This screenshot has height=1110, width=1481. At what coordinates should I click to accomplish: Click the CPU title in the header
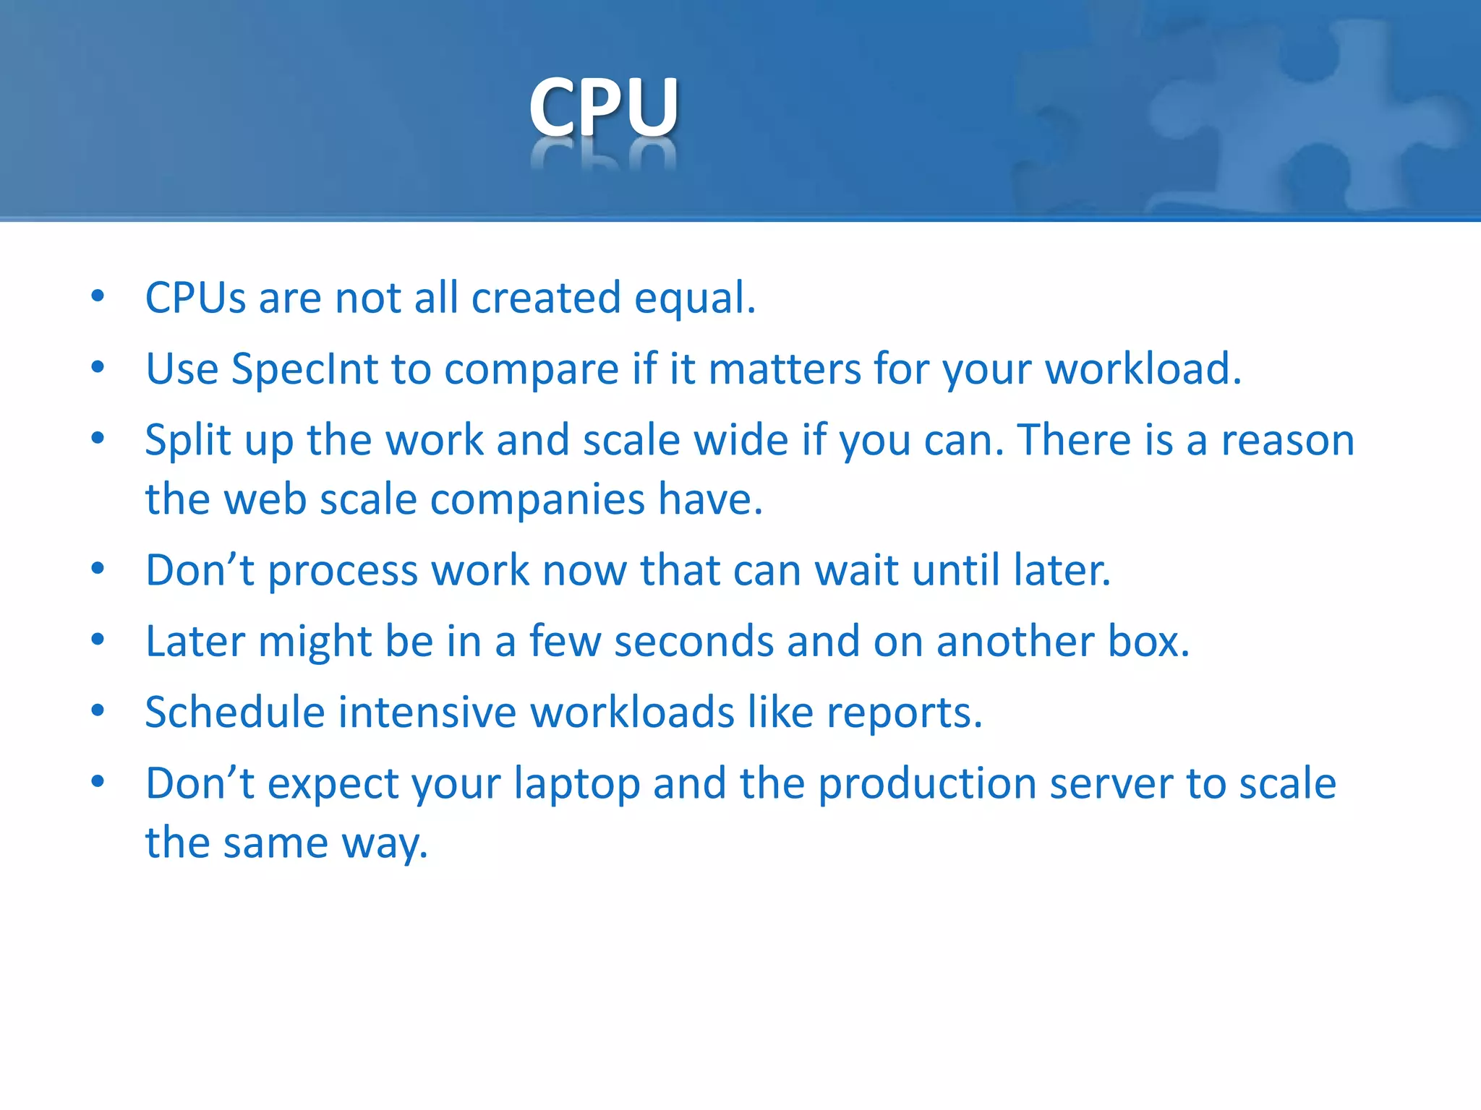click(x=604, y=107)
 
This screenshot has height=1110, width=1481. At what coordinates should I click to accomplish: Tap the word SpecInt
click(x=304, y=369)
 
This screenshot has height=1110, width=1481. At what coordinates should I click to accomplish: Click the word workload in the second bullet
click(x=1143, y=369)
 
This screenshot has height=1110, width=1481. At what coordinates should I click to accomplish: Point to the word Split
click(x=187, y=440)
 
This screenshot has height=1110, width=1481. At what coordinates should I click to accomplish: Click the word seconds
click(x=694, y=642)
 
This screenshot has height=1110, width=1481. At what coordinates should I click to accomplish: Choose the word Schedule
click(x=235, y=712)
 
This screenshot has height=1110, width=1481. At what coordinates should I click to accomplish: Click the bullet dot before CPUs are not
click(x=98, y=296)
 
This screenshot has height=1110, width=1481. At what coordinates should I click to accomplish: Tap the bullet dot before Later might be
click(x=98, y=640)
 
